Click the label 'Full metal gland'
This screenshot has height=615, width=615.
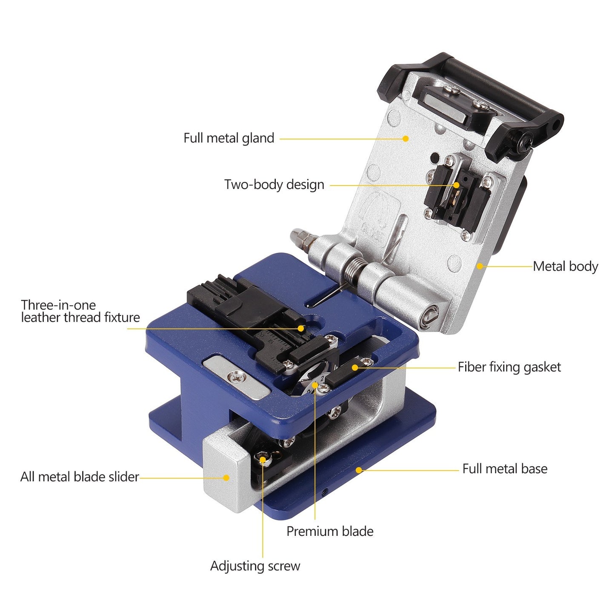pos(229,138)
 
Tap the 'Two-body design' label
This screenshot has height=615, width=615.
pos(274,185)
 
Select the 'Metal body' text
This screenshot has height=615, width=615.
pos(565,266)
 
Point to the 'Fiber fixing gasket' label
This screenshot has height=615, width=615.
pos(509,367)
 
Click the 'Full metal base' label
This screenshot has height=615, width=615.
pos(505,469)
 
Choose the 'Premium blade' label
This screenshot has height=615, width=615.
pos(330,531)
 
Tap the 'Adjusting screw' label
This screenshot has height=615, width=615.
pos(255,566)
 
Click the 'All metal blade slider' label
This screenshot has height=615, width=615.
pos(80,477)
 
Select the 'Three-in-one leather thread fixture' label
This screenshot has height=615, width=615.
pos(80,311)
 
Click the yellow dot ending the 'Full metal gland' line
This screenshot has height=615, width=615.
pos(406,138)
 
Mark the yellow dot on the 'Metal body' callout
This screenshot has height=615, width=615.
pos(480,266)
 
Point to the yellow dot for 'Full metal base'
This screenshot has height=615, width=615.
pos(359,470)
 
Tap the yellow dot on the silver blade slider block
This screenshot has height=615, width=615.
pos(226,478)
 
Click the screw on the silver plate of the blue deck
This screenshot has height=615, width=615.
pos(237,376)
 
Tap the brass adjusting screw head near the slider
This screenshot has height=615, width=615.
pos(262,458)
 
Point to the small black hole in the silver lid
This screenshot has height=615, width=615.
pos(434,158)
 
